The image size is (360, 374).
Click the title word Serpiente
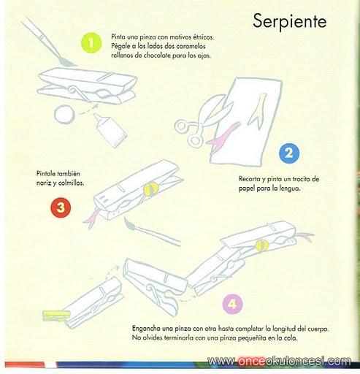pyautogui.click(x=290, y=22)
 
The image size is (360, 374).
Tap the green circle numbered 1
pyautogui.click(x=91, y=43)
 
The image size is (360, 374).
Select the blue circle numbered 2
pyautogui.click(x=289, y=153)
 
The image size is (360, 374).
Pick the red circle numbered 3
pyautogui.click(x=61, y=207)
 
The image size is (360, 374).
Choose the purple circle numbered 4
pyautogui.click(x=232, y=304)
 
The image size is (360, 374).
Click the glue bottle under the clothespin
pyautogui.click(x=111, y=130)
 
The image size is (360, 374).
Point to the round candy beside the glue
pyautogui.click(x=64, y=114)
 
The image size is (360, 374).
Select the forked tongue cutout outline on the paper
pyautogui.click(x=256, y=110)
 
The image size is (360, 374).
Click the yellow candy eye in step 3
pyautogui.click(x=151, y=189)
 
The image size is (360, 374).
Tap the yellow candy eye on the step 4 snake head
pyautogui.click(x=262, y=245)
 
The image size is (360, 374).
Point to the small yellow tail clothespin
pyautogui.click(x=56, y=316)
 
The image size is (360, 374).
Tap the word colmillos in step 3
pyautogui.click(x=72, y=183)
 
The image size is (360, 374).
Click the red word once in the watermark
pyautogui.click(x=252, y=362)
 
